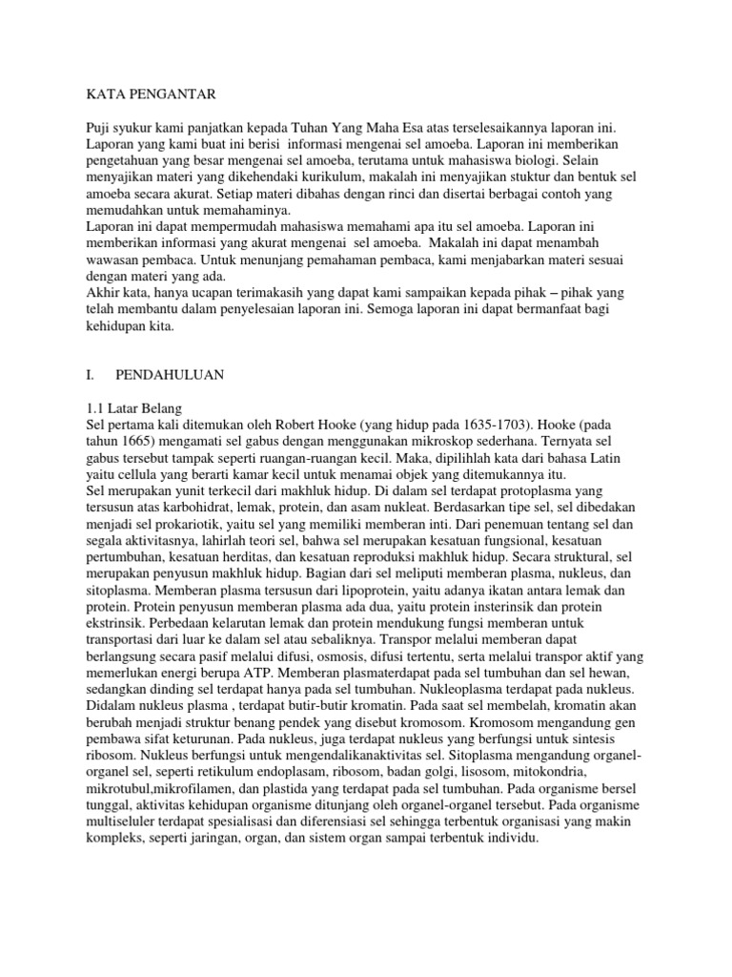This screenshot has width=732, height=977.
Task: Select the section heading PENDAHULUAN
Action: pyautogui.click(x=170, y=375)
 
